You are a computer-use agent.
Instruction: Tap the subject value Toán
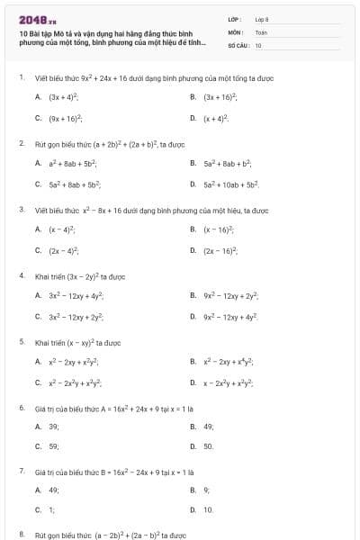pos(261,31)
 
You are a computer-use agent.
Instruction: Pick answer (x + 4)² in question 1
pos(216,118)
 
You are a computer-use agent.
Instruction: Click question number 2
pos(21,143)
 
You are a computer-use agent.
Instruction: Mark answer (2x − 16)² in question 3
pos(220,250)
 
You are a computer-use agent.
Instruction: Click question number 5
pos(21,342)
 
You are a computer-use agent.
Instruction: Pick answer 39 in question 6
pos(53,426)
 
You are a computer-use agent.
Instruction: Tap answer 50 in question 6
pos(208,447)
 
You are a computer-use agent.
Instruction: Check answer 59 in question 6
pos(53,447)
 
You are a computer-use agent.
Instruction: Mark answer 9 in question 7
pos(206,490)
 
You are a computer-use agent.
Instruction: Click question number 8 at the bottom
pos(21,535)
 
